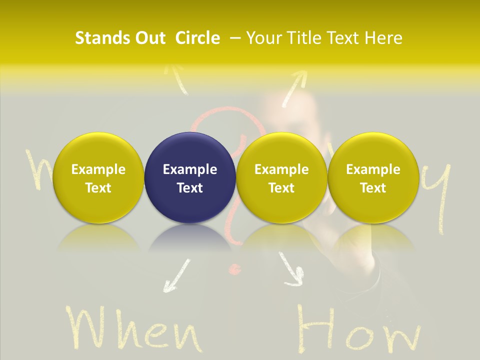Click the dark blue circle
[190, 178]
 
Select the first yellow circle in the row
[98, 178]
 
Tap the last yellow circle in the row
[373, 178]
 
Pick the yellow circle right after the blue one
[281, 178]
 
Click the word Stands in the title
[99, 38]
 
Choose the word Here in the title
[382, 38]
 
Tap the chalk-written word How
[358, 330]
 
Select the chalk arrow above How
[291, 270]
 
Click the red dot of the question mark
[233, 270]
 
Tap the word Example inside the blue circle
[190, 169]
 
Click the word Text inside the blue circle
[190, 188]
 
